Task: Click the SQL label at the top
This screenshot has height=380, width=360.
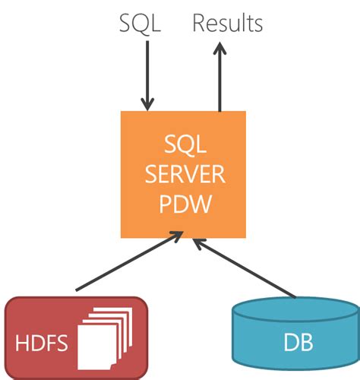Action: pyautogui.click(x=141, y=23)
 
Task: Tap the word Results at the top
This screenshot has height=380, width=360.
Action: pyautogui.click(x=227, y=23)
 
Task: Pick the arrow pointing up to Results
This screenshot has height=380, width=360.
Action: pyautogui.click(x=219, y=80)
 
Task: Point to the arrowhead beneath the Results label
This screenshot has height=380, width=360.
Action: pyautogui.click(x=219, y=49)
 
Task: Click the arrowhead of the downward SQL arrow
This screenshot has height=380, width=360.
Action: pyautogui.click(x=147, y=103)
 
